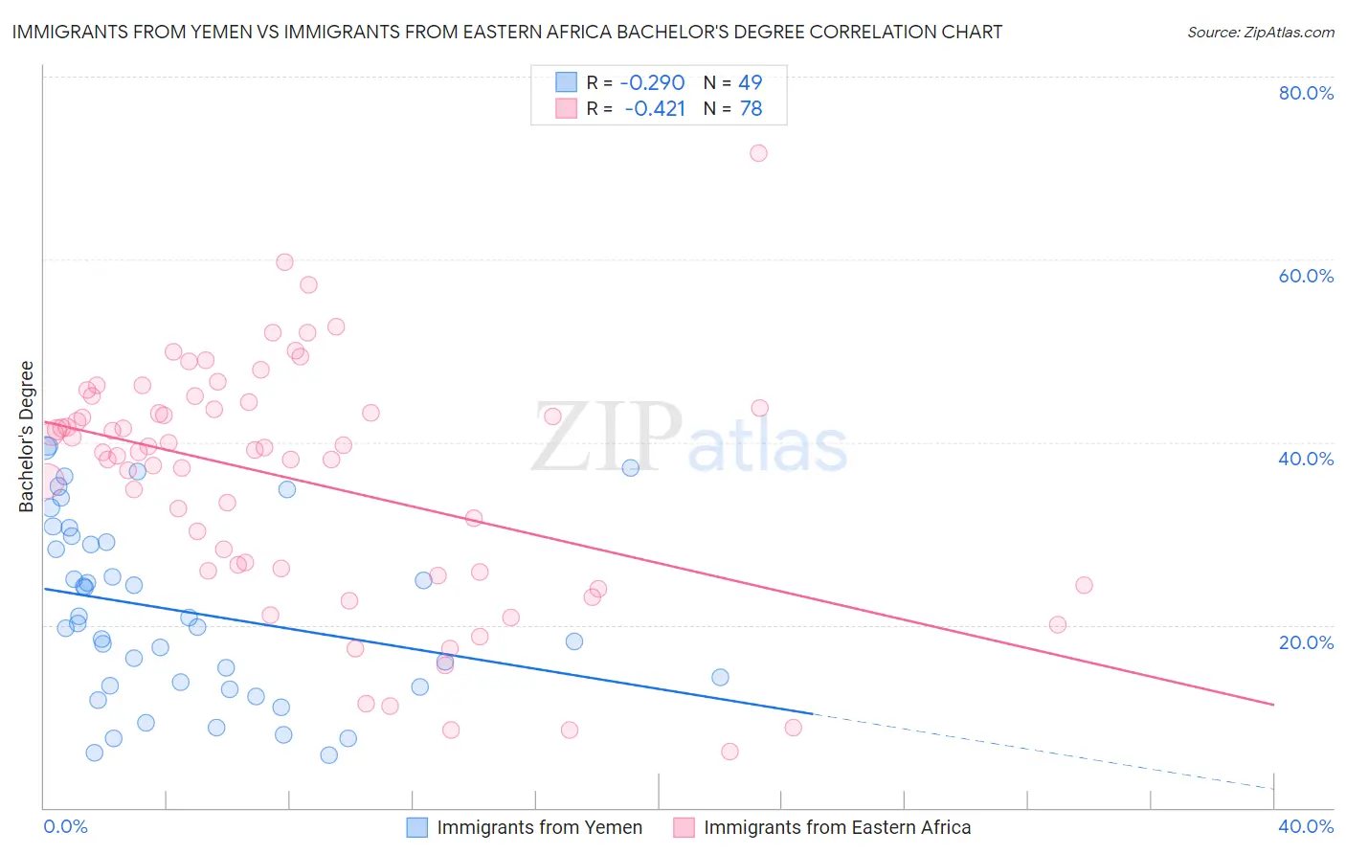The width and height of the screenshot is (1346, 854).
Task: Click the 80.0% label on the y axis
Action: [x=1306, y=93]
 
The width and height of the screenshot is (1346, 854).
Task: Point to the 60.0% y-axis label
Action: [x=1306, y=276]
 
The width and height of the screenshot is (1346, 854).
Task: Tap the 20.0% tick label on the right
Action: [x=1306, y=642]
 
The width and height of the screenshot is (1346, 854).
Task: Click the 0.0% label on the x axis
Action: [x=65, y=826]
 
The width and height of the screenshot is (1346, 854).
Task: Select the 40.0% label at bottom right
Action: [x=1306, y=826]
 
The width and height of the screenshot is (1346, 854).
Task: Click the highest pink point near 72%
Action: [x=758, y=153]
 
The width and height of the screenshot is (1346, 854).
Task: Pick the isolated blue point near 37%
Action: [x=630, y=468]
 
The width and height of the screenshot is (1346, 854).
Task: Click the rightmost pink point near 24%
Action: [x=1084, y=585]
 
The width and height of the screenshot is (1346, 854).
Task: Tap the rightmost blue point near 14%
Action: [x=720, y=677]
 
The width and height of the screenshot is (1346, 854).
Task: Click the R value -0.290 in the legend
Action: [x=652, y=82]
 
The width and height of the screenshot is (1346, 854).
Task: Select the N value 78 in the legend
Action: [x=751, y=109]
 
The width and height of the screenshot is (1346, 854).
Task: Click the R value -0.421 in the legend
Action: [x=655, y=109]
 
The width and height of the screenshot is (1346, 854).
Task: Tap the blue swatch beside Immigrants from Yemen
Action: [x=416, y=828]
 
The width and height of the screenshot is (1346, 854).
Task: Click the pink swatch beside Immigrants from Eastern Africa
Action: [x=684, y=828]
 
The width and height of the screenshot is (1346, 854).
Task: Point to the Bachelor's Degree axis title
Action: [x=27, y=436]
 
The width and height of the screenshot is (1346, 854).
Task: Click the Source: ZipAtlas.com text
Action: [x=1260, y=32]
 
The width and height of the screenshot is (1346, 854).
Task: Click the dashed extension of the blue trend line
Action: [x=1043, y=752]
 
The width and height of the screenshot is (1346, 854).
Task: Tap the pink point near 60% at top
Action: [x=284, y=262]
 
